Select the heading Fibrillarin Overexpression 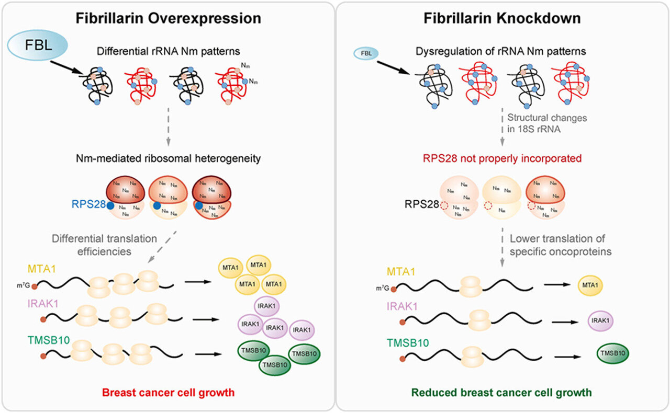pos(169,19)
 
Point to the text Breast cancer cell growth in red pos(168,392)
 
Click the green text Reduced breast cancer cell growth pos(502,392)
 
